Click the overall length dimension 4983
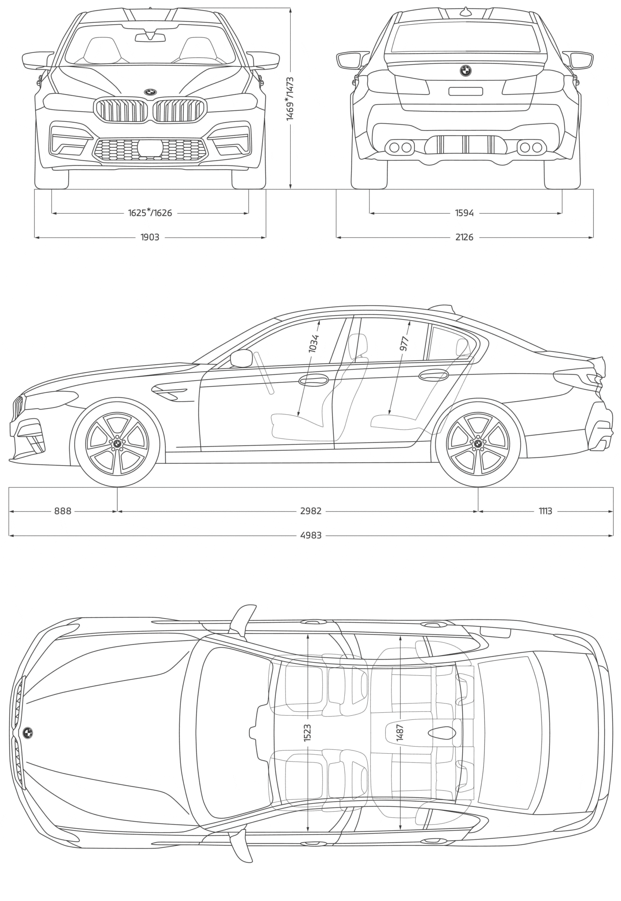click(x=310, y=535)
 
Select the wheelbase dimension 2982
click(x=310, y=511)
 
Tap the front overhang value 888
click(x=62, y=511)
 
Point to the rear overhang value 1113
click(x=545, y=511)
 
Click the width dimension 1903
click(x=150, y=238)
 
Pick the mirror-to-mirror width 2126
click(x=464, y=238)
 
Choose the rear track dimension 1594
click(x=464, y=213)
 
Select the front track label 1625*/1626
click(x=150, y=213)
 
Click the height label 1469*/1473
click(x=290, y=99)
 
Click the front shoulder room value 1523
click(x=307, y=733)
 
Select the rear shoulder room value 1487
click(x=400, y=733)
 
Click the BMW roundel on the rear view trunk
click(x=465, y=70)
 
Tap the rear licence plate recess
click(x=465, y=92)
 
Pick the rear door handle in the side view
click(x=433, y=375)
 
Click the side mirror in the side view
click(x=241, y=358)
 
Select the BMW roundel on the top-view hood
click(x=27, y=733)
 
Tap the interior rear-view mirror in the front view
click(x=150, y=38)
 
